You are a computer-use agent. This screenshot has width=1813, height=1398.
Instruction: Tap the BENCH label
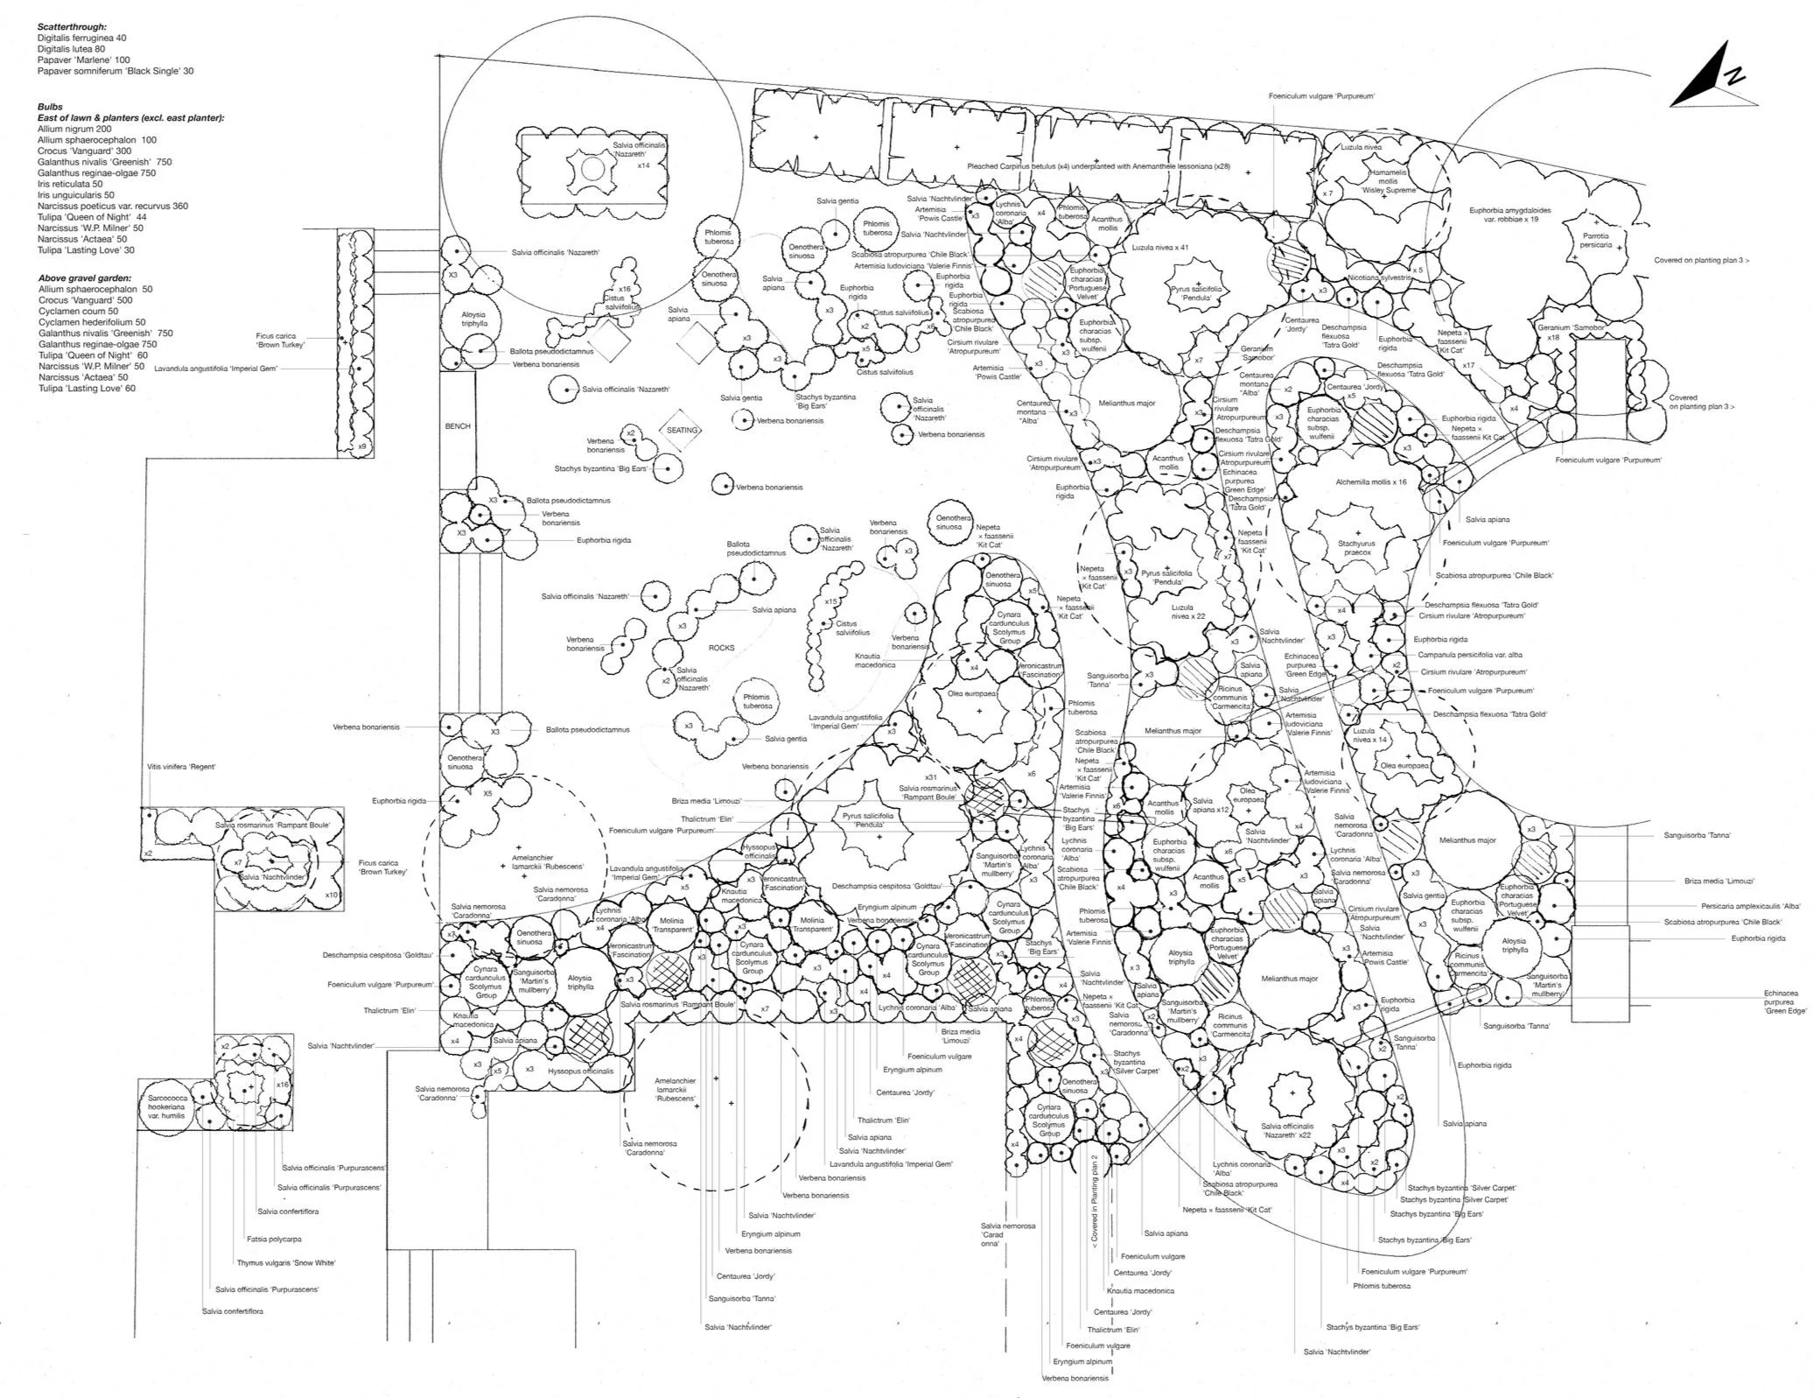458,426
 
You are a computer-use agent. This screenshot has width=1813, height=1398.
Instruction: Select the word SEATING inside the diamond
682,431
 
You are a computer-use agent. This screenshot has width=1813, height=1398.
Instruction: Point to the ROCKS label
722,648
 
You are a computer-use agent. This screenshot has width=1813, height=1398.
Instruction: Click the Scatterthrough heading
73,27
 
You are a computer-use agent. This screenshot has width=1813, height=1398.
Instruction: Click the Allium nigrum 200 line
74,129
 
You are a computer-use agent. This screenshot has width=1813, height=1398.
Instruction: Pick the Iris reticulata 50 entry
70,184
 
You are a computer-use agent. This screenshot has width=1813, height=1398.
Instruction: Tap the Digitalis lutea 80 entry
71,49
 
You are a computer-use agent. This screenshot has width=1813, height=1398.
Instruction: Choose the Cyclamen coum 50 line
78,311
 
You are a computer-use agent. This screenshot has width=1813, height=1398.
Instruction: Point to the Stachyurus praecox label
1358,548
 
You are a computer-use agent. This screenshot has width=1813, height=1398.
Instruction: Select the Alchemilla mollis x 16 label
1371,481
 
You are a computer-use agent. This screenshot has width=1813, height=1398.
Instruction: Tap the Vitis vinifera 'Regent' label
181,767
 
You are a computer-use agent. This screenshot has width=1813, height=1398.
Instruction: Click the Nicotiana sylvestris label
1380,277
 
